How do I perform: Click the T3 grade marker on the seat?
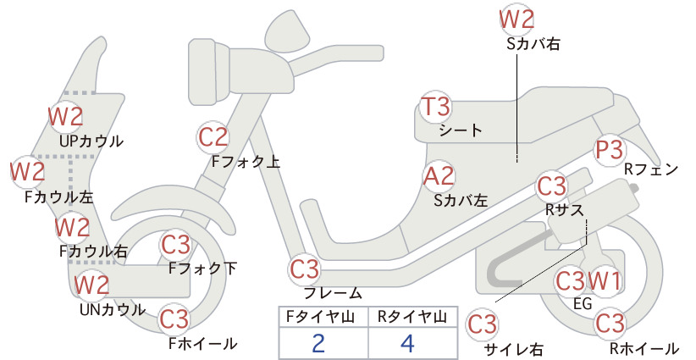(435, 107)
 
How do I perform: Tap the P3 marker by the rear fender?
(609, 150)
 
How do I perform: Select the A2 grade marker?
(439, 176)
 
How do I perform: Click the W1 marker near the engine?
(604, 280)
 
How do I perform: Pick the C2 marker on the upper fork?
(213, 136)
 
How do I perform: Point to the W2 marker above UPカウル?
(65, 117)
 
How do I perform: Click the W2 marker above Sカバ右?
(516, 19)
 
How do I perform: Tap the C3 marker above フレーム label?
(305, 269)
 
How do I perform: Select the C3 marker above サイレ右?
(483, 324)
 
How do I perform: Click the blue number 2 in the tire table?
(318, 343)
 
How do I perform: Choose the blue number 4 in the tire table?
(407, 343)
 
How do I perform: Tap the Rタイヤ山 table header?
(412, 317)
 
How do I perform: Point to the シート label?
(461, 130)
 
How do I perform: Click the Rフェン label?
(651, 169)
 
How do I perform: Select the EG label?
(583, 303)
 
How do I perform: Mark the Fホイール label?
(203, 344)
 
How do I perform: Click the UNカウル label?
(113, 309)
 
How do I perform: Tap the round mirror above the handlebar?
(287, 29)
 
